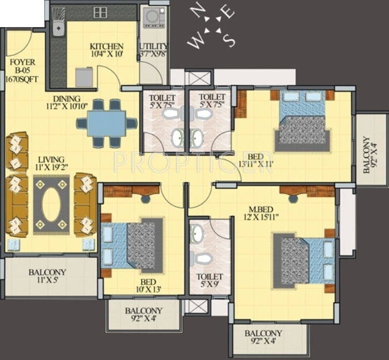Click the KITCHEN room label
(107, 47)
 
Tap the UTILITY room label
(153, 47)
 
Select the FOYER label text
(22, 62)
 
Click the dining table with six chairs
(107, 123)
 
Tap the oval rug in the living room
(51, 204)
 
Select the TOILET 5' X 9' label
(209, 281)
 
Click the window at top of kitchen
(101, 12)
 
